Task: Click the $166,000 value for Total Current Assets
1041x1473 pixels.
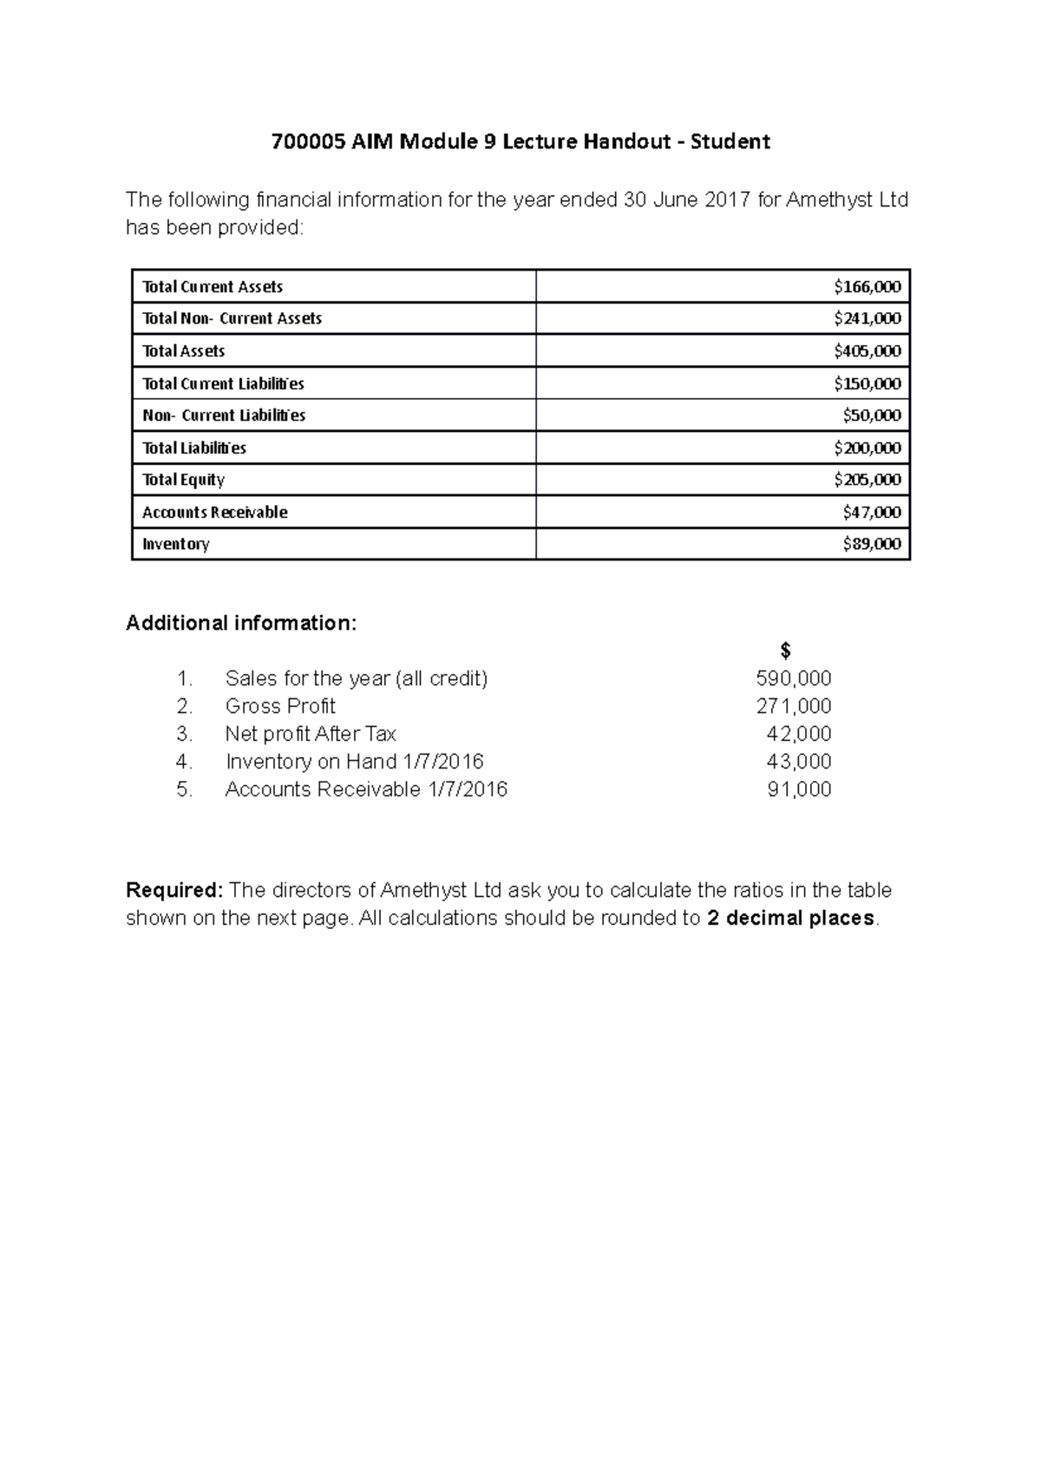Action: click(867, 286)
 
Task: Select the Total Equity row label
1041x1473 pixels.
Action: click(183, 480)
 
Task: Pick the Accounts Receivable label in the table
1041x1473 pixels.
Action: click(214, 512)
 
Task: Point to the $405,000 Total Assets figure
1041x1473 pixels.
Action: click(867, 351)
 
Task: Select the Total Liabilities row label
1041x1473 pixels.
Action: click(193, 448)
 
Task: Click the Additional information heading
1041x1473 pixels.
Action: click(241, 623)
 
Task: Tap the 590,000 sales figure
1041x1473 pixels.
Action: click(793, 678)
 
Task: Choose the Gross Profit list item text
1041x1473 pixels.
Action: click(279, 706)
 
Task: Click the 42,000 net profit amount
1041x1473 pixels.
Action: click(798, 734)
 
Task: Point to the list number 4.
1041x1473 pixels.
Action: click(183, 762)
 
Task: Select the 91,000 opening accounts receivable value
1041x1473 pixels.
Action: click(798, 789)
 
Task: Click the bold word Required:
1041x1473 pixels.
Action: click(174, 890)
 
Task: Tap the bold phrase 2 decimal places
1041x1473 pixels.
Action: click(790, 918)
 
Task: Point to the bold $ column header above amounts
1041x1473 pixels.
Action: click(785, 651)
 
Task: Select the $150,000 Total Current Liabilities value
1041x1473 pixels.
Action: click(867, 383)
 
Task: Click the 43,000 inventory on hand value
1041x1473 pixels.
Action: click(798, 762)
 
